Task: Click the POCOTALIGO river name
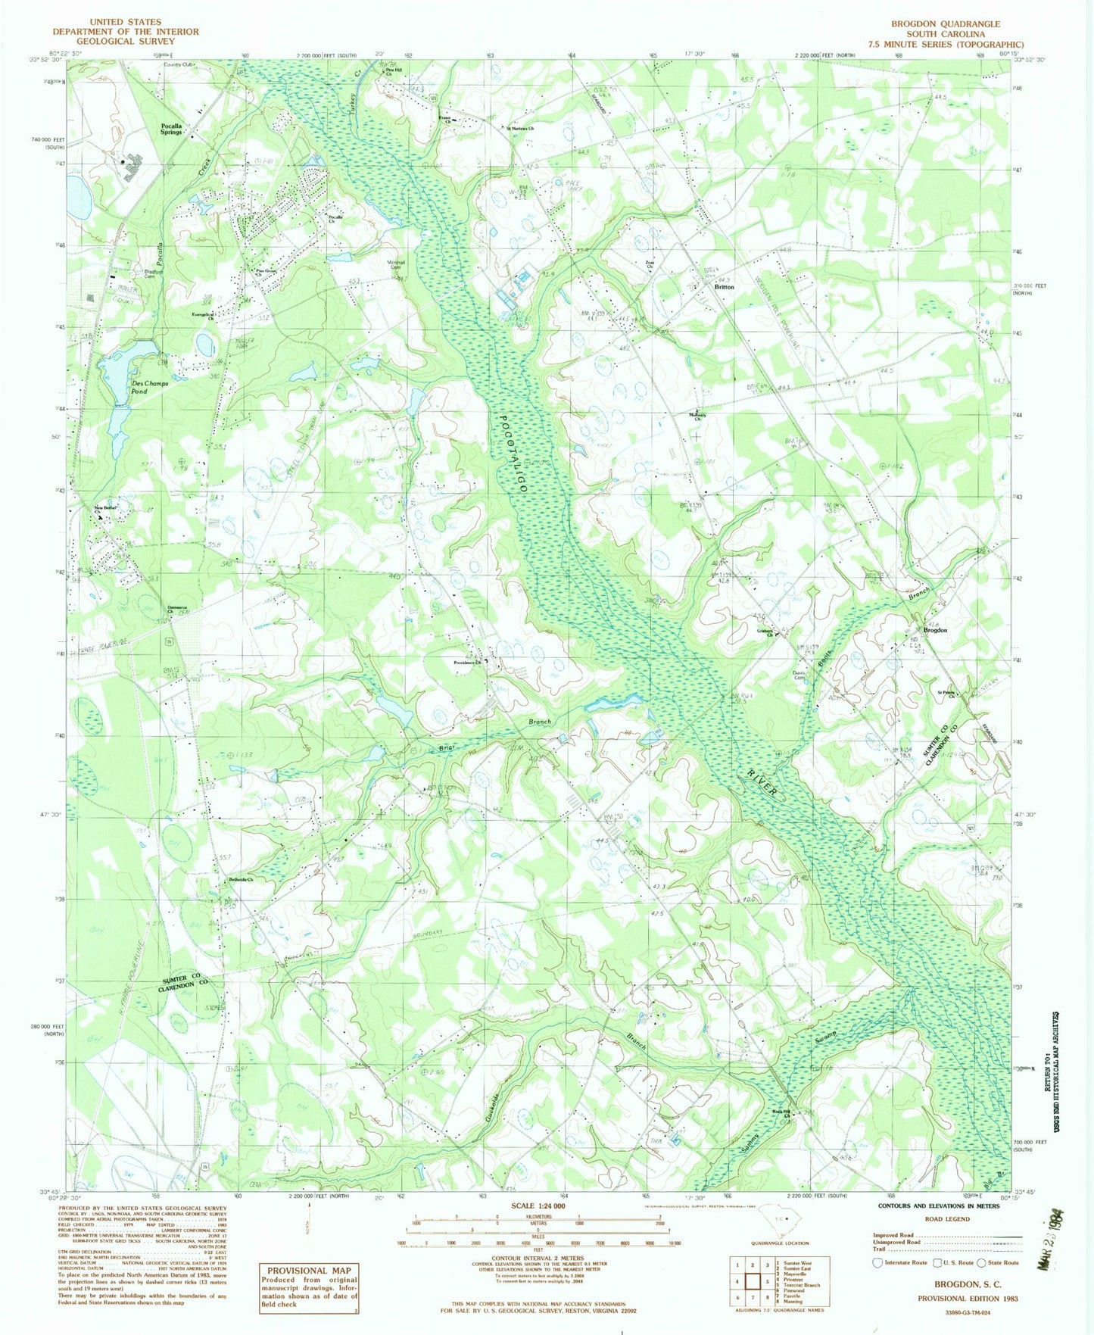513,453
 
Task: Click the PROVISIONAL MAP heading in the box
307,1270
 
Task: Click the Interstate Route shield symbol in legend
877,1262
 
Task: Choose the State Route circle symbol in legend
981,1262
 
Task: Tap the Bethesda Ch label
240,879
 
